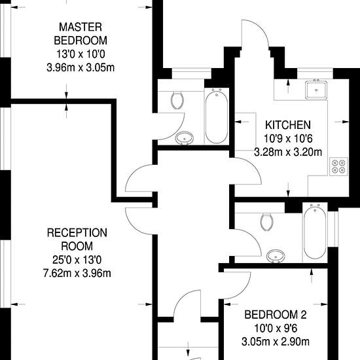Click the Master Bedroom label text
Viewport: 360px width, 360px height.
point(81,34)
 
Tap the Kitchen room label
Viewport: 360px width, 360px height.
point(288,125)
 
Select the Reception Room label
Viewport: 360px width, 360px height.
point(77,240)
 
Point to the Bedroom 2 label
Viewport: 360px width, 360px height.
point(276,315)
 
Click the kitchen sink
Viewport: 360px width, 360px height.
point(316,90)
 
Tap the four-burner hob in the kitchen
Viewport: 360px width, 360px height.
point(338,167)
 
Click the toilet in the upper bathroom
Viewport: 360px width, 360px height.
point(177,100)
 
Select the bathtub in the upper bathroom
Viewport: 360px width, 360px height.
point(217,116)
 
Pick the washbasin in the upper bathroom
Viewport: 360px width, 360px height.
point(185,138)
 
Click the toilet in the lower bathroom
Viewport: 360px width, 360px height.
point(267,222)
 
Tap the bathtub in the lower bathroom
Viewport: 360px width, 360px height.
point(315,232)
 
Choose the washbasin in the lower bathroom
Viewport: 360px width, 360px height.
point(276,256)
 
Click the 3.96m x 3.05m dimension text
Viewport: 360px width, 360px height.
point(81,67)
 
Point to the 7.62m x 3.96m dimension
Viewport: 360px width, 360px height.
point(77,274)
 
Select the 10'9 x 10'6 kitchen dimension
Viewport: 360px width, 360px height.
point(288,139)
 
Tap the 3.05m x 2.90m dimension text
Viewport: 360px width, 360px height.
point(276,342)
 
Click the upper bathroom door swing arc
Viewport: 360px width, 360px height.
point(177,131)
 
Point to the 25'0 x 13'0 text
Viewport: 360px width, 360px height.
point(77,260)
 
